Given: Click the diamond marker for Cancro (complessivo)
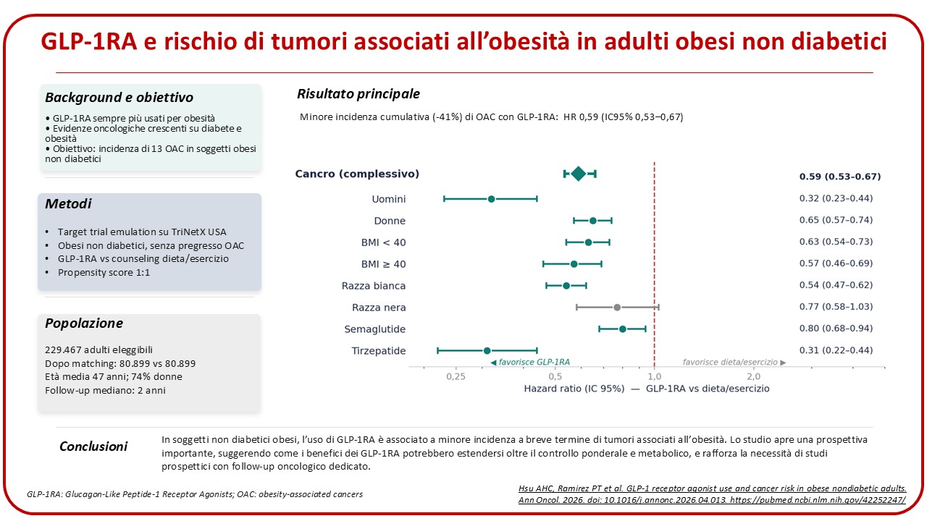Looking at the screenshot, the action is click(578, 174).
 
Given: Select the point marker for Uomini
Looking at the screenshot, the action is click(491, 199).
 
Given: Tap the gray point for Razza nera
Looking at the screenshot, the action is click(617, 308).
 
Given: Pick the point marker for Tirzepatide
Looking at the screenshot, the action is click(487, 351).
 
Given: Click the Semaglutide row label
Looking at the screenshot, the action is click(375, 329).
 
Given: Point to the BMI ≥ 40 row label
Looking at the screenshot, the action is click(383, 264).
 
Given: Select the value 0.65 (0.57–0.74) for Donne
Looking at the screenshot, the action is click(836, 220).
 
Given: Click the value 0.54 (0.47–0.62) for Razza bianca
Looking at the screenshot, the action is click(836, 285).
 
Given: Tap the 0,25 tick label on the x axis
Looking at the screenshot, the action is click(456, 377).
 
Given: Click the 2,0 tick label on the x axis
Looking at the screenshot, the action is click(754, 377).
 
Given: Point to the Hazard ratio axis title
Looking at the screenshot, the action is click(647, 389).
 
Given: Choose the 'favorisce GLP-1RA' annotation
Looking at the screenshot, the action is click(530, 363).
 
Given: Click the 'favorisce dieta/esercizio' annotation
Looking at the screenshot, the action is click(734, 363).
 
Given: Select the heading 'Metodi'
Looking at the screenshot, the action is click(68, 204).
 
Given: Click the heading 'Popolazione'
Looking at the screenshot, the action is click(84, 323).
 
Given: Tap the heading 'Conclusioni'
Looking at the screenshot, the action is click(93, 446).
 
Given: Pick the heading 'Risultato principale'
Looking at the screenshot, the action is click(358, 94).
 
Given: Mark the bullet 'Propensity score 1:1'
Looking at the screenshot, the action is click(104, 273).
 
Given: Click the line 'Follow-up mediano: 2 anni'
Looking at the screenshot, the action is click(105, 390).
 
